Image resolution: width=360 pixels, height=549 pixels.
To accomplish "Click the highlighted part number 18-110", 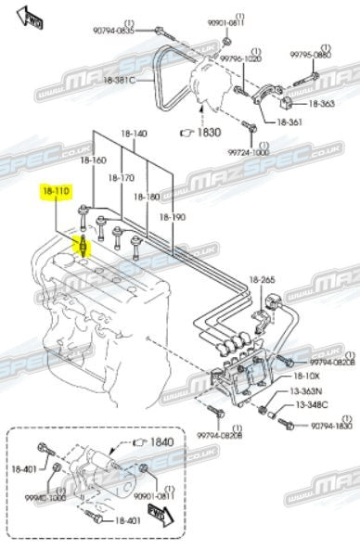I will (x=55, y=194).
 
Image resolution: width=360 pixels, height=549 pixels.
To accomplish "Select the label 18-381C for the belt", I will (x=119, y=80).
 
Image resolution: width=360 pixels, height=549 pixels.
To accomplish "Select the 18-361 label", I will (x=289, y=121).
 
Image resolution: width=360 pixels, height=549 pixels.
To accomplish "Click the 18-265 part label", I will (x=262, y=280).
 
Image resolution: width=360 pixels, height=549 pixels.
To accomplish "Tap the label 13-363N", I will (x=313, y=391).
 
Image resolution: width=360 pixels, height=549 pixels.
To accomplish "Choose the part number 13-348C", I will (x=313, y=404).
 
